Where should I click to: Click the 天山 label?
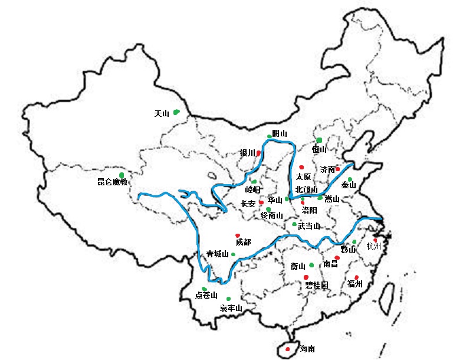[161, 113]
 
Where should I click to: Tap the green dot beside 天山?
[176, 112]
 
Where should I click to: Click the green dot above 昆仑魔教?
[122, 175]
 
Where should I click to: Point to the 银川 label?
[247, 153]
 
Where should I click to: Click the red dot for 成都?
[238, 235]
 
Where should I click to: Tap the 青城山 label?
[216, 254]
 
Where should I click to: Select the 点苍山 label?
[206, 296]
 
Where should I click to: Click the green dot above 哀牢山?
[228, 299]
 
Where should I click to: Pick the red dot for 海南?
[287, 349]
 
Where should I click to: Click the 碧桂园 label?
[317, 286]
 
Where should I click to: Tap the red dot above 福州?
[356, 277]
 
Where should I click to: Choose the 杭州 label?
[374, 246]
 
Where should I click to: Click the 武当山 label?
[308, 226]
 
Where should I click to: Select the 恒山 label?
[319, 150]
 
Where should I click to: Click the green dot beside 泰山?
[350, 179]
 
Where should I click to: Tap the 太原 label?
[303, 176]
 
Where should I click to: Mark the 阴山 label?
[280, 133]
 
